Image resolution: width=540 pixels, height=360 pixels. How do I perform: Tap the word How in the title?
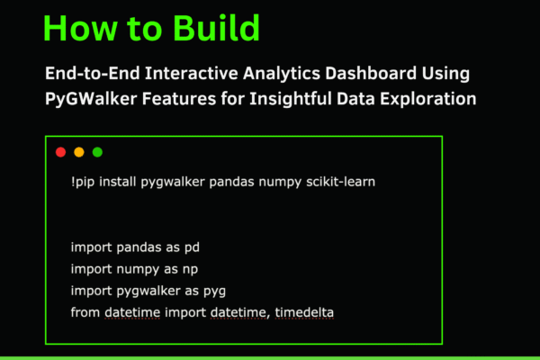click(76, 29)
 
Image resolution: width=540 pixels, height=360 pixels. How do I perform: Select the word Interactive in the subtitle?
click(211, 73)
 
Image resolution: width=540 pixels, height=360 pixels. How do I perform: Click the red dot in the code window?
click(61, 152)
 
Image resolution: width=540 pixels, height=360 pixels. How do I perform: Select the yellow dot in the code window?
click(79, 152)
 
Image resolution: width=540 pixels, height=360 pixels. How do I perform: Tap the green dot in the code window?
click(97, 152)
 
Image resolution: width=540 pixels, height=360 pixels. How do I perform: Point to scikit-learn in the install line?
click(339, 182)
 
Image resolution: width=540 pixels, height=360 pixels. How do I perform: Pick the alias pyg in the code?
click(214, 290)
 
